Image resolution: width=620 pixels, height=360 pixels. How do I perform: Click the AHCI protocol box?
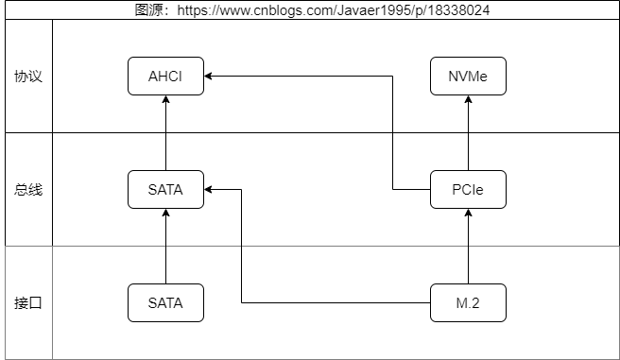coord(165,76)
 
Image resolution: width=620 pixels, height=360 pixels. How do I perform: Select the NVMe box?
coord(468,76)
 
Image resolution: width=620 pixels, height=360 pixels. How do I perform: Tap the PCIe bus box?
coord(468,189)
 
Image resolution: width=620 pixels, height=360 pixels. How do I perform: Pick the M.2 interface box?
coord(468,302)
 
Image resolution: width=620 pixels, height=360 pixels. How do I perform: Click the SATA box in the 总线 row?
coord(165,189)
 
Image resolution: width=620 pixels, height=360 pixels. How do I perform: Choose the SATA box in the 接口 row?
coord(165,302)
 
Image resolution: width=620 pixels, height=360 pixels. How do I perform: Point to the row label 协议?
coord(28,77)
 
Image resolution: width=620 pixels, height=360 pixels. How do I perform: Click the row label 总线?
coord(28,190)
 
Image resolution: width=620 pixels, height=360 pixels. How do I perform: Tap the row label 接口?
coord(28,303)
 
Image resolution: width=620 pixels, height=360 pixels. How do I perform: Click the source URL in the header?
coord(334,9)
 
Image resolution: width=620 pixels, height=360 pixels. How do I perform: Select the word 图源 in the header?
coord(148,9)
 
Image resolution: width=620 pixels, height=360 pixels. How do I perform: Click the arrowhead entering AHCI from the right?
coord(208,76)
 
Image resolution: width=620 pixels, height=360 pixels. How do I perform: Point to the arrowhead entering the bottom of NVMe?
coord(468,99)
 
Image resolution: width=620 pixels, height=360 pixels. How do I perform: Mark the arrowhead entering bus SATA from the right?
coord(208,189)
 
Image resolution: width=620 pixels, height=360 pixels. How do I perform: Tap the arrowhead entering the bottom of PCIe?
coord(468,213)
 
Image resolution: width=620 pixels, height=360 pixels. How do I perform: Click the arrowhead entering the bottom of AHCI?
coord(165,99)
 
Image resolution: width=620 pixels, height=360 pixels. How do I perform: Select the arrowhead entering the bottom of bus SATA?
coord(165,213)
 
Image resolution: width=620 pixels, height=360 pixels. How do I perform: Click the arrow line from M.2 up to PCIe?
coord(468,247)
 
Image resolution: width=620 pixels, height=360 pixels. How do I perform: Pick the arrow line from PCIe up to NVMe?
coord(468,133)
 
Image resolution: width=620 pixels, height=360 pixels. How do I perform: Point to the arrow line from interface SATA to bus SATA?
coord(165,247)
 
